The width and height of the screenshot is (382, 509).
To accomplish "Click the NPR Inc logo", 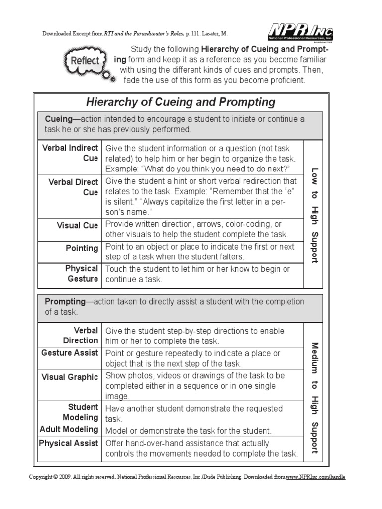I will pyautogui.click(x=300, y=33).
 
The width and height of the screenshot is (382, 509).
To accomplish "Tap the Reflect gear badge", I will pyautogui.click(x=85, y=61).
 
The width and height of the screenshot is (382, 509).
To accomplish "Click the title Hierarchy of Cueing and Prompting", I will pyautogui.click(x=181, y=102).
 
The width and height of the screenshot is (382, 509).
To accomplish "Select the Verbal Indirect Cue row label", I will pyautogui.click(x=70, y=153).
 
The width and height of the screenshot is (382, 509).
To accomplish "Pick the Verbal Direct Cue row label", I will pyautogui.click(x=73, y=187).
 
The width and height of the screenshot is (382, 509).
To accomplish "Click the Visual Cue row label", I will pyautogui.click(x=77, y=225).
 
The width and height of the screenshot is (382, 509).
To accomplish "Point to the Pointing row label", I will pyautogui.click(x=82, y=248).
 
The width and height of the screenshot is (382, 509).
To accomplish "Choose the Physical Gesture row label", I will pyautogui.click(x=82, y=274).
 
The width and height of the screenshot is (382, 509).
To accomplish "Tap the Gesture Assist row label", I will pyautogui.click(x=70, y=353).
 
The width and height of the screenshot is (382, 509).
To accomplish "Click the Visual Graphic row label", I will pyautogui.click(x=70, y=377).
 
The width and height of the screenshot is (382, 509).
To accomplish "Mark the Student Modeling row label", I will pyautogui.click(x=80, y=412).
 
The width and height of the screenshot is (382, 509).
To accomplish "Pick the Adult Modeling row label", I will pyautogui.click(x=69, y=429).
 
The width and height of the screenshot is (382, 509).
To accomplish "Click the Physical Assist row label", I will pyautogui.click(x=69, y=443).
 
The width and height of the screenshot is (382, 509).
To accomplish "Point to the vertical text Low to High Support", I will pyautogui.click(x=314, y=215).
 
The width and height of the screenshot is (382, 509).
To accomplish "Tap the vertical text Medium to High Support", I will pyautogui.click(x=314, y=397).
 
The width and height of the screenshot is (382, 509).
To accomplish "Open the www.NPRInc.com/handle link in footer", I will pyautogui.click(x=315, y=477).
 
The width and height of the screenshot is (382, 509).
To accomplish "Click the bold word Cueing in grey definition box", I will pyautogui.click(x=59, y=119).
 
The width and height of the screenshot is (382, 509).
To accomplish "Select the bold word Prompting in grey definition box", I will pyautogui.click(x=65, y=302).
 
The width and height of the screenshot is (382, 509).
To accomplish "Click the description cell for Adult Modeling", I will pyautogui.click(x=188, y=431).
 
